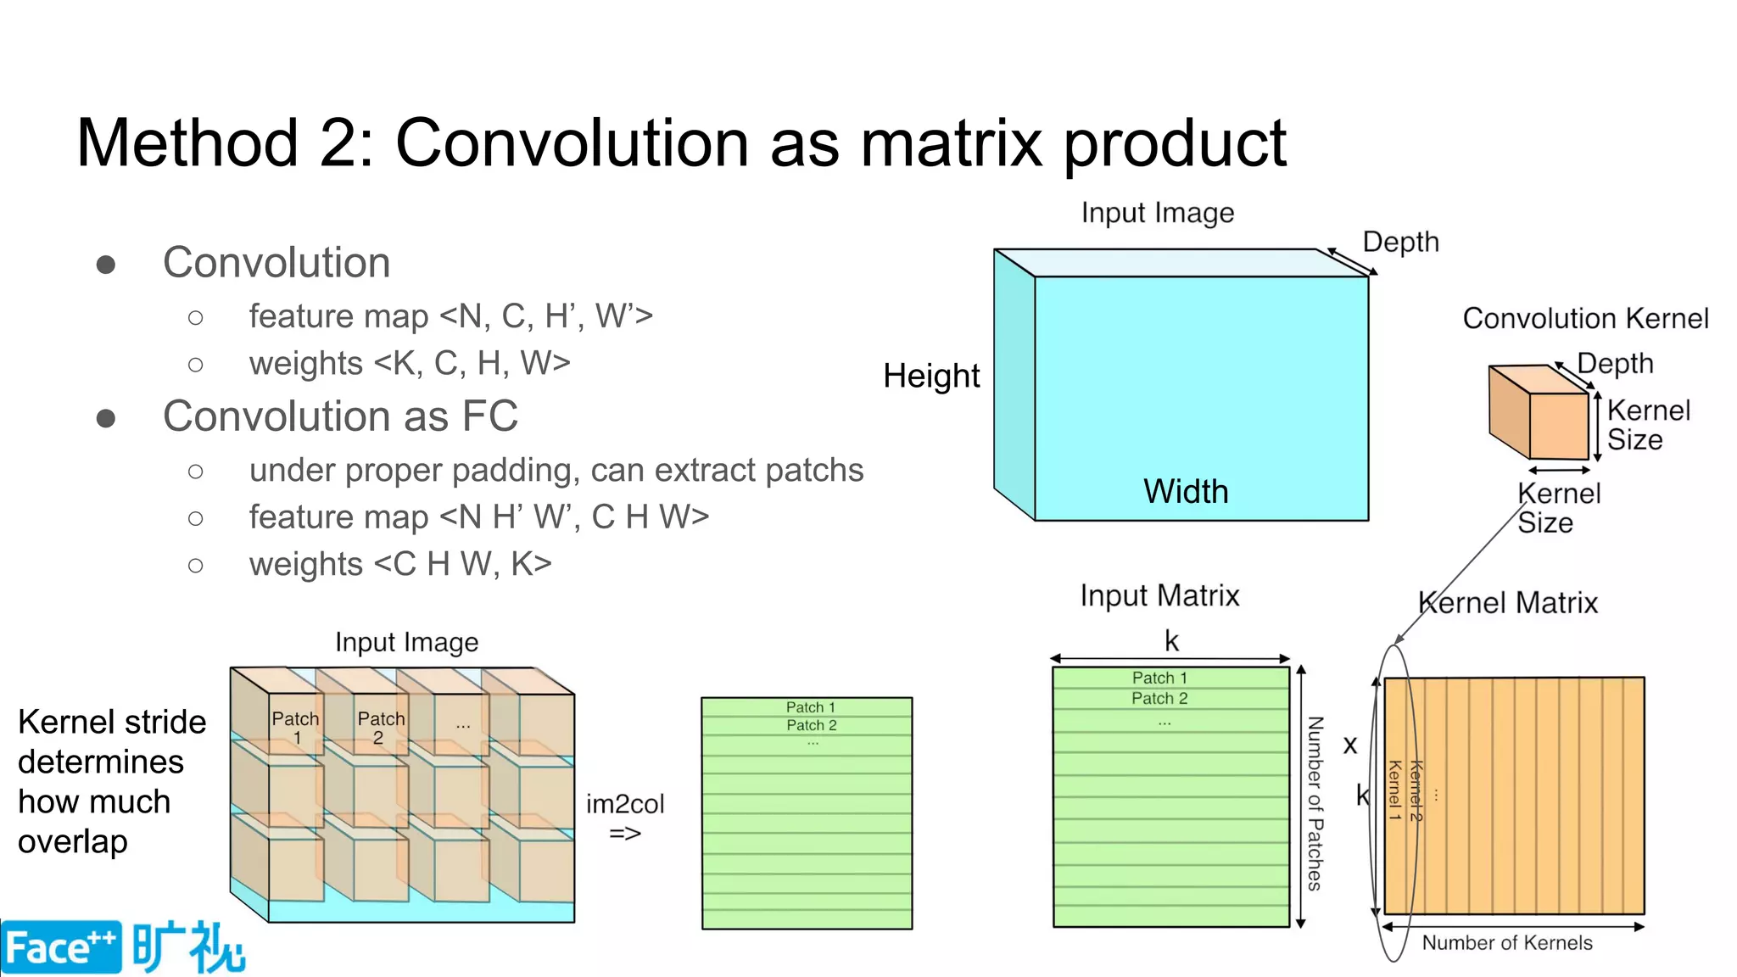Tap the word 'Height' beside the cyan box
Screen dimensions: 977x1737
coord(931,376)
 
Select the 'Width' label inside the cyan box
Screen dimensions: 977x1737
coord(1186,491)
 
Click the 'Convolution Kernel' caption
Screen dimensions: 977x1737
coord(1585,318)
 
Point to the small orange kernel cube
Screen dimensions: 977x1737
coord(1539,413)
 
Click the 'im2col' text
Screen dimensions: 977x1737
coord(625,803)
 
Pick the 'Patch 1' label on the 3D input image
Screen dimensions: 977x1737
coord(295,727)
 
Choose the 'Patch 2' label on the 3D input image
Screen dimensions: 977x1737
coord(381,727)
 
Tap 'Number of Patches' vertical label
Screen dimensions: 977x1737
coord(1315,803)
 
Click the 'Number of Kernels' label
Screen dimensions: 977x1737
coord(1507,942)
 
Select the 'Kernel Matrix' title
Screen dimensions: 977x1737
coord(1508,603)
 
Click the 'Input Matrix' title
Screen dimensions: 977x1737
coord(1159,595)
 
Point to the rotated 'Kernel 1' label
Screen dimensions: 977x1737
coord(1394,790)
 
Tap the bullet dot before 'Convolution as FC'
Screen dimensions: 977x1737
coord(106,418)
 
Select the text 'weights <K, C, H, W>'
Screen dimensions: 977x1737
coord(409,363)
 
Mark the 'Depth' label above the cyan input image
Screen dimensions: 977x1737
coord(1400,242)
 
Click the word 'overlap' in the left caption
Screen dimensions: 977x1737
coord(73,841)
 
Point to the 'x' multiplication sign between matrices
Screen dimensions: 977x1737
coord(1350,745)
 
